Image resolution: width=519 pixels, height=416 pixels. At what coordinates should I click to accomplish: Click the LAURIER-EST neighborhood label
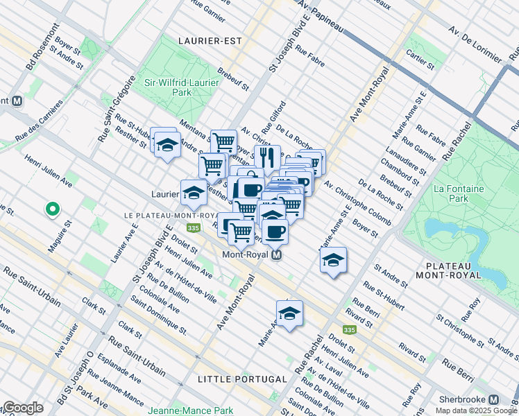(209, 41)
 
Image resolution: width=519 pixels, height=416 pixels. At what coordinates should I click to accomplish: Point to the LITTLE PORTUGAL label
(242, 379)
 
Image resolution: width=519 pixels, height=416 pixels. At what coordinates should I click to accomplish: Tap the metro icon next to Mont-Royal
(277, 255)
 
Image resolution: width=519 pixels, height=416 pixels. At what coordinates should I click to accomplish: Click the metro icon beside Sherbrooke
(493, 399)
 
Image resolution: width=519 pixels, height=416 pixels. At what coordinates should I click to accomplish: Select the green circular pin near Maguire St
(51, 208)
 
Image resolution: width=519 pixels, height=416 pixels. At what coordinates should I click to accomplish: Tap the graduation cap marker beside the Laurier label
(194, 192)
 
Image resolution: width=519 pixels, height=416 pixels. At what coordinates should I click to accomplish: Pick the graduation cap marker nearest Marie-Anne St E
(333, 260)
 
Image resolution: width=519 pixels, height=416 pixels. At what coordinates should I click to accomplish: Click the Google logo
(23, 408)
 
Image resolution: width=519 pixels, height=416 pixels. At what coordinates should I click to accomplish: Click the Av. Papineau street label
(320, 16)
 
